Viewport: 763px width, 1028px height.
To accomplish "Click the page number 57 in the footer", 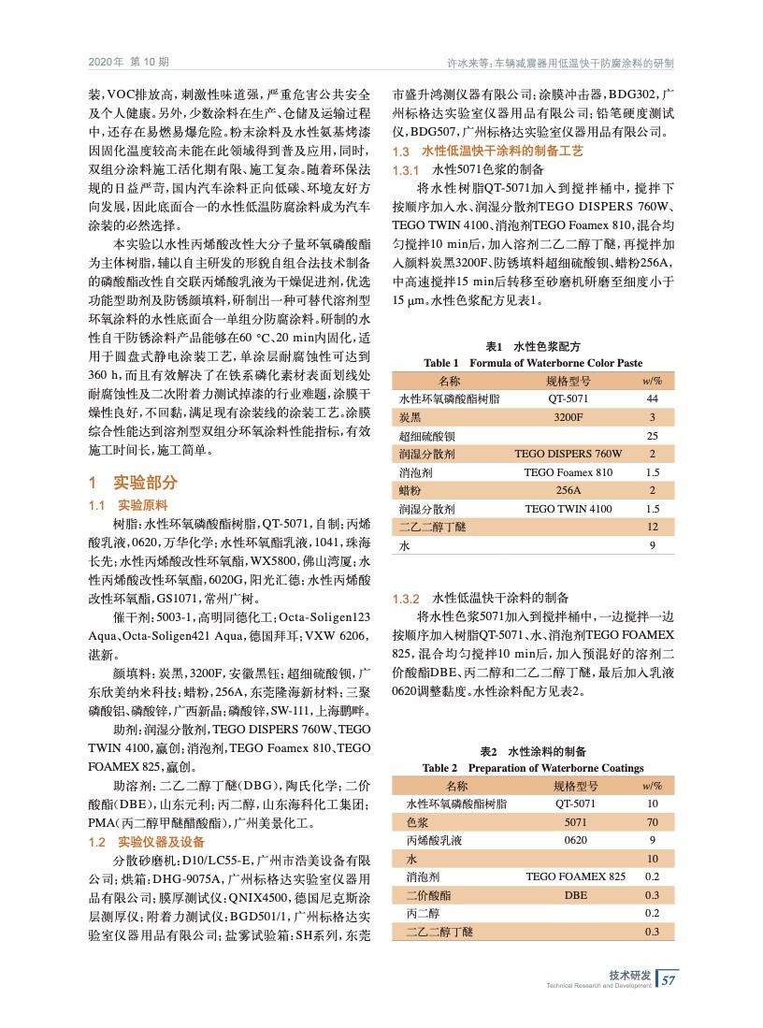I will pyautogui.click(x=668, y=980).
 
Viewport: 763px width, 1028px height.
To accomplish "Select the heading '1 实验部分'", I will pyautogui.click(x=132, y=484).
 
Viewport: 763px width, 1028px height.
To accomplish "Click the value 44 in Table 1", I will pyautogui.click(x=652, y=398).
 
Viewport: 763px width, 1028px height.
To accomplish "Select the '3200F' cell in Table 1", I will pyautogui.click(x=568, y=417).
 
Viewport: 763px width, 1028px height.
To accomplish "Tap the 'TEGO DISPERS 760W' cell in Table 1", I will pyautogui.click(x=568, y=454).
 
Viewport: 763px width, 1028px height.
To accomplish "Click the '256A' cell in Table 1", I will pyautogui.click(x=568, y=490).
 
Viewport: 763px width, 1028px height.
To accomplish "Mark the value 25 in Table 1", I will pyautogui.click(x=652, y=436).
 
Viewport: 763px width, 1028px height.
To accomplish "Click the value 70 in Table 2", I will pyautogui.click(x=652, y=822).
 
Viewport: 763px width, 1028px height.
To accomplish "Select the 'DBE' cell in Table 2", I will pyautogui.click(x=575, y=895).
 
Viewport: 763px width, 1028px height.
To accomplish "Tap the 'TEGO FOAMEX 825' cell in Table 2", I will pyautogui.click(x=575, y=876).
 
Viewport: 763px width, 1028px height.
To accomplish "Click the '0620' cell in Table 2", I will pyautogui.click(x=575, y=840).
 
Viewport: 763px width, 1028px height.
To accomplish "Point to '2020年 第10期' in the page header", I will pyautogui.click(x=129, y=63).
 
